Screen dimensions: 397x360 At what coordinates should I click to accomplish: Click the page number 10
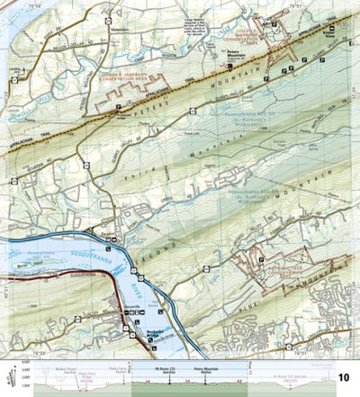[x=343, y=376]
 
